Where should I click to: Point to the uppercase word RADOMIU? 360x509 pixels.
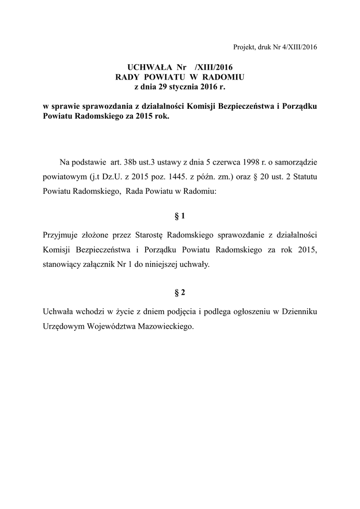[x=225, y=77]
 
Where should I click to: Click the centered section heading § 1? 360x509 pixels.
[x=180, y=216]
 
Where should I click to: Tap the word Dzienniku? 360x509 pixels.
[x=299, y=312]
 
